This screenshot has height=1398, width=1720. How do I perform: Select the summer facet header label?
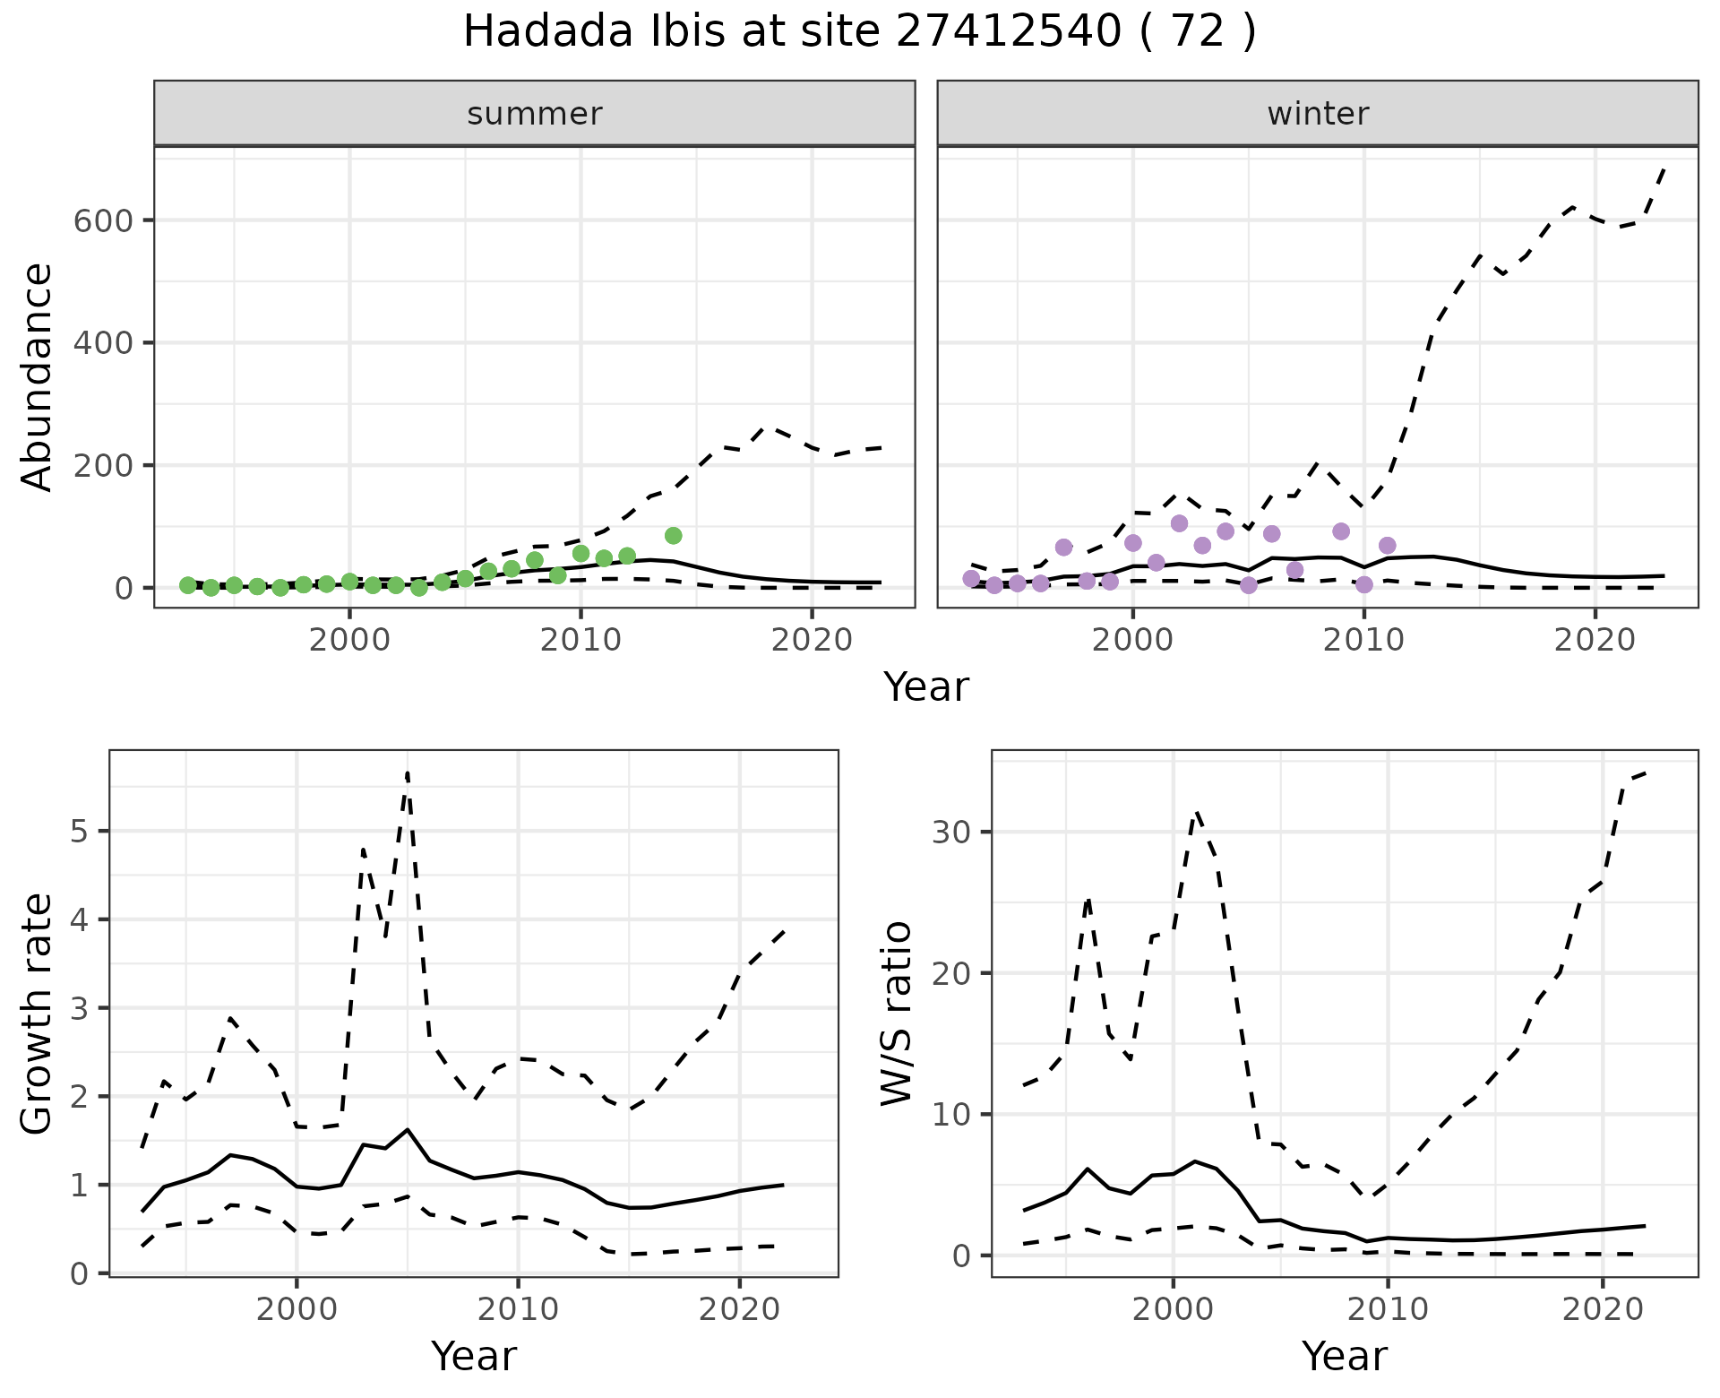[x=535, y=114]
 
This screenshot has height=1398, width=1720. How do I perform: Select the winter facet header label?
[x=1318, y=114]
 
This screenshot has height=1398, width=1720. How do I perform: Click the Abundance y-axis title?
[x=38, y=376]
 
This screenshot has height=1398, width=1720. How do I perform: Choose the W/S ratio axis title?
[x=896, y=1013]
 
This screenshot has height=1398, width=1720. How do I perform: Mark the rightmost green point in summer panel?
[x=674, y=536]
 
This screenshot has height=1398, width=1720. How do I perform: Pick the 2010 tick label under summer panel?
[x=580, y=641]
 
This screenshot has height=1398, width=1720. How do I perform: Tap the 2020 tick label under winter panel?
[x=1595, y=641]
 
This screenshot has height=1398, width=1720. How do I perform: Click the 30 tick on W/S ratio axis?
[x=951, y=832]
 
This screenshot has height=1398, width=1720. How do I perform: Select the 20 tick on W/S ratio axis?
[x=951, y=973]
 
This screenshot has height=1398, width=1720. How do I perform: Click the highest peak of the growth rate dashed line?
[x=408, y=772]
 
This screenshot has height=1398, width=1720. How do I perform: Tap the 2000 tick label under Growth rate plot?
[x=297, y=1309]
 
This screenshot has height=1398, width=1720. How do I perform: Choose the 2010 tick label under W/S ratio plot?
[x=1387, y=1309]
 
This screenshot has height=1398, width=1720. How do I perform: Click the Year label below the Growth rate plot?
[x=474, y=1356]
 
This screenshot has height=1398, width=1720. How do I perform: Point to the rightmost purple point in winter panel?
[x=1387, y=546]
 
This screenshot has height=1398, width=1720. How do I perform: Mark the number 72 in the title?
[x=1200, y=32]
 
